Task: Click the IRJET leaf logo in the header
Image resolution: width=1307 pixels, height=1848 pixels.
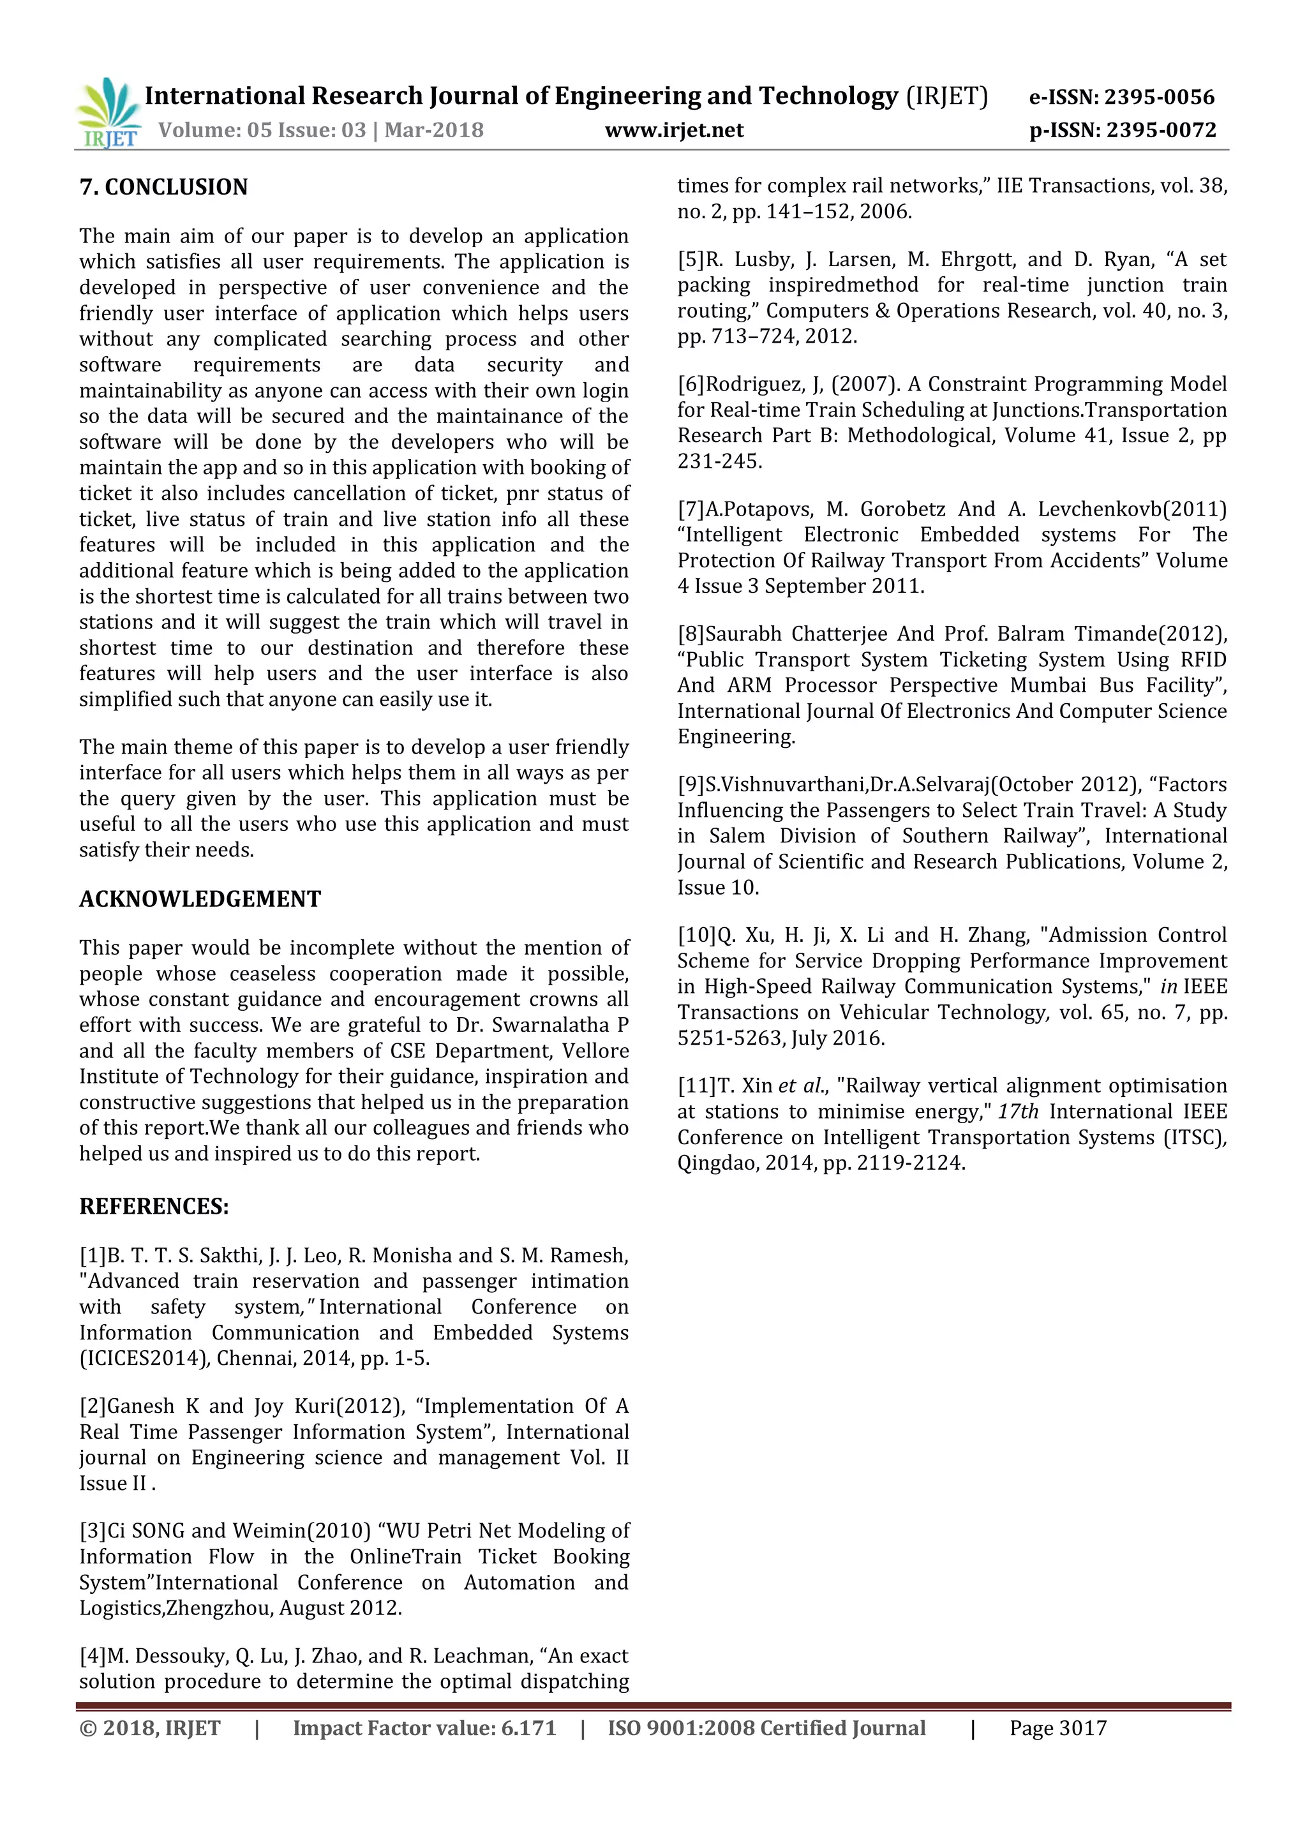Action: click(x=108, y=113)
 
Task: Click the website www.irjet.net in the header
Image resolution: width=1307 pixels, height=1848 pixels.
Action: click(x=674, y=130)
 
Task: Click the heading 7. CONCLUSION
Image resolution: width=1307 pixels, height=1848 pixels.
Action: click(x=163, y=187)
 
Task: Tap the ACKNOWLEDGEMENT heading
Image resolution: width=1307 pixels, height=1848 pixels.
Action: click(x=200, y=899)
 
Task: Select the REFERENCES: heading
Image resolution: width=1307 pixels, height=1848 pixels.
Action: click(x=154, y=1207)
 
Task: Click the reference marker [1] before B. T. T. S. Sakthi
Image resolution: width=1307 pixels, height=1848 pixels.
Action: click(x=93, y=1256)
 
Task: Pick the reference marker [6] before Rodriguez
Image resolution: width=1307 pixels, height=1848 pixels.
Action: click(x=691, y=384)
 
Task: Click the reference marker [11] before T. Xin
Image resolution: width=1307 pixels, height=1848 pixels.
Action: click(x=696, y=1086)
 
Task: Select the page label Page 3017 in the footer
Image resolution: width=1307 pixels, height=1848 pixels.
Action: click(x=1057, y=1728)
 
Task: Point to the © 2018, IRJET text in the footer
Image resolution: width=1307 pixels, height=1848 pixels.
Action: click(x=150, y=1728)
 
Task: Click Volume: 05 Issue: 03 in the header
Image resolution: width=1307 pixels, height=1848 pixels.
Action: click(x=262, y=130)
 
